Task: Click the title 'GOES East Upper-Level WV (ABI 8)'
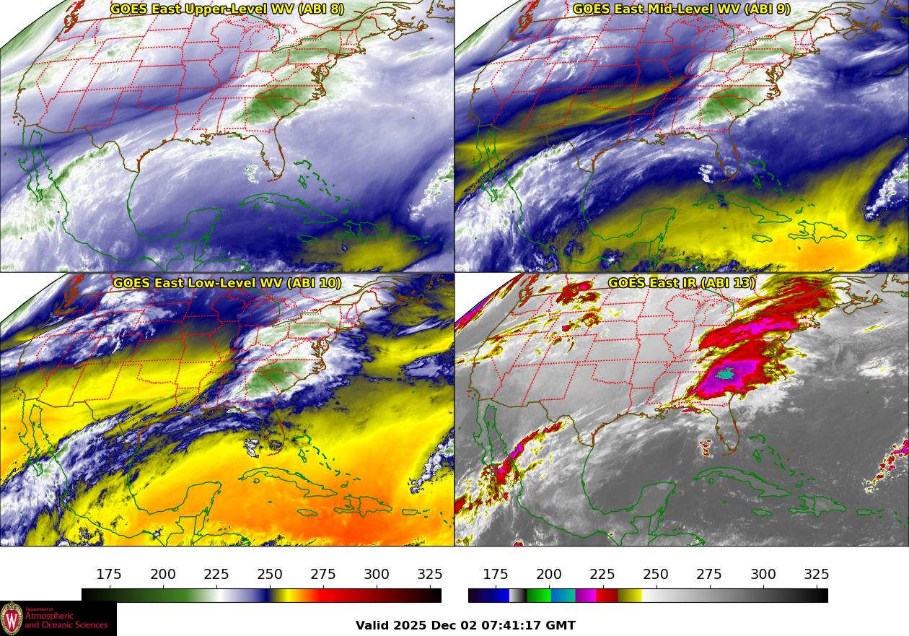click(x=227, y=9)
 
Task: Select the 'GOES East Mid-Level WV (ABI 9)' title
click(x=682, y=9)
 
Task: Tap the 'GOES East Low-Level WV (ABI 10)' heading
click(x=227, y=283)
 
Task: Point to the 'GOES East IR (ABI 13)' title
click(x=682, y=283)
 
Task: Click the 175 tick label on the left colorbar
click(x=109, y=575)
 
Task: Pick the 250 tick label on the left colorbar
click(x=270, y=575)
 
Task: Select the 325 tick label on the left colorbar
click(x=430, y=575)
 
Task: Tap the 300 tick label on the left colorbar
click(x=377, y=575)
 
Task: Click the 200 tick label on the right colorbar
click(x=549, y=575)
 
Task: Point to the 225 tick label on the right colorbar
click(x=602, y=575)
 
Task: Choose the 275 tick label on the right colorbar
click(x=709, y=575)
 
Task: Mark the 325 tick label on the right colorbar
click(x=817, y=575)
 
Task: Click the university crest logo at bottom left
click(x=12, y=619)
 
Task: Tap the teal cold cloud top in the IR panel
click(x=727, y=374)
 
